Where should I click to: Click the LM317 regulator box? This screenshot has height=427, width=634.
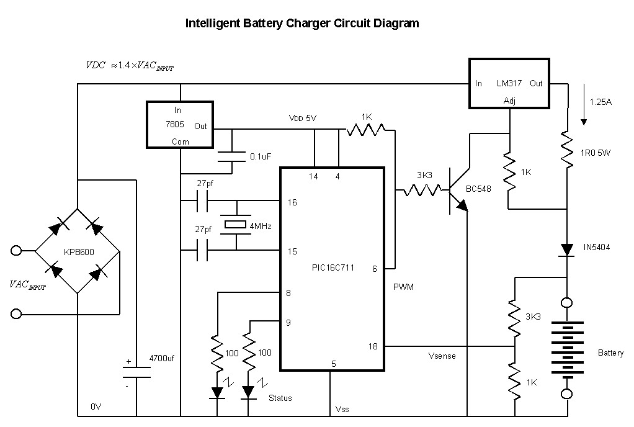point(509,84)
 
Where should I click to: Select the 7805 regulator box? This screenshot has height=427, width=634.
point(179,125)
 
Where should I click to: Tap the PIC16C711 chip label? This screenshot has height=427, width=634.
point(333,267)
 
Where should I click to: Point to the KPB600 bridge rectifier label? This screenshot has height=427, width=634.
point(78,253)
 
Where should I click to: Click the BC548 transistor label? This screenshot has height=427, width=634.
point(478,189)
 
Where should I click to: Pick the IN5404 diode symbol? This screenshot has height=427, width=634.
point(567,249)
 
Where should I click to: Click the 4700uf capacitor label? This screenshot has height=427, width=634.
point(162,358)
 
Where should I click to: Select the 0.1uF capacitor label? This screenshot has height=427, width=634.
point(260,157)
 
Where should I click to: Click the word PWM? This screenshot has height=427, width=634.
point(403,287)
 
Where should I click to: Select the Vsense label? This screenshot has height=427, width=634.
point(442,356)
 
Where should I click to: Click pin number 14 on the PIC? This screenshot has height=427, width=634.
point(314,176)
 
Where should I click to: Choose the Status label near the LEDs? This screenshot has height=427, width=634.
point(280,398)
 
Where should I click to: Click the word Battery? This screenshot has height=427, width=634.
point(610,353)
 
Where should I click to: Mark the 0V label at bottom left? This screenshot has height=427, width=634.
point(96,407)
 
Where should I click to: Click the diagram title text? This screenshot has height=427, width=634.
point(303,24)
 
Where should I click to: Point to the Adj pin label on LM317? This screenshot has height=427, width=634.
point(509,101)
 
